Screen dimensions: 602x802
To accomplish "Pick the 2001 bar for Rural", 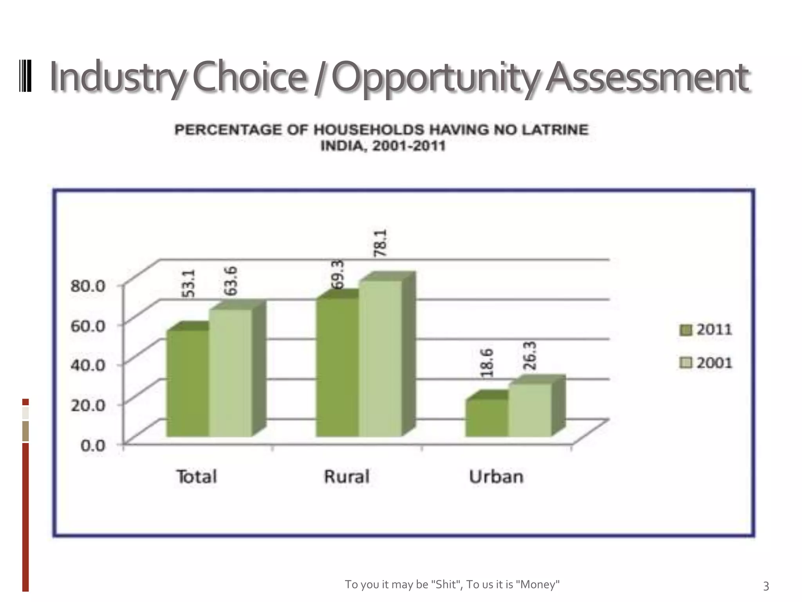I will [x=380, y=358].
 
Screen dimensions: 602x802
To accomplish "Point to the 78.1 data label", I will [x=380, y=243].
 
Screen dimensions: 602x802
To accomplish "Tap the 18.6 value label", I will [x=487, y=363].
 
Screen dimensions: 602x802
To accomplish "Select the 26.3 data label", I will [x=529, y=355].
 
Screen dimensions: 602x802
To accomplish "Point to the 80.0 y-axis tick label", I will [x=88, y=286].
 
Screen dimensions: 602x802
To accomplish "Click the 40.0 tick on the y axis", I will [x=88, y=365].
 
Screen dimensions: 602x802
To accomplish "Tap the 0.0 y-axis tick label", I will [x=93, y=446].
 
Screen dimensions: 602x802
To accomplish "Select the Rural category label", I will [x=347, y=477].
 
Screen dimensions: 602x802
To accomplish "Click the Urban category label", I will [x=496, y=477].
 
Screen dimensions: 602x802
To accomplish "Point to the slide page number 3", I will [x=766, y=586].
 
